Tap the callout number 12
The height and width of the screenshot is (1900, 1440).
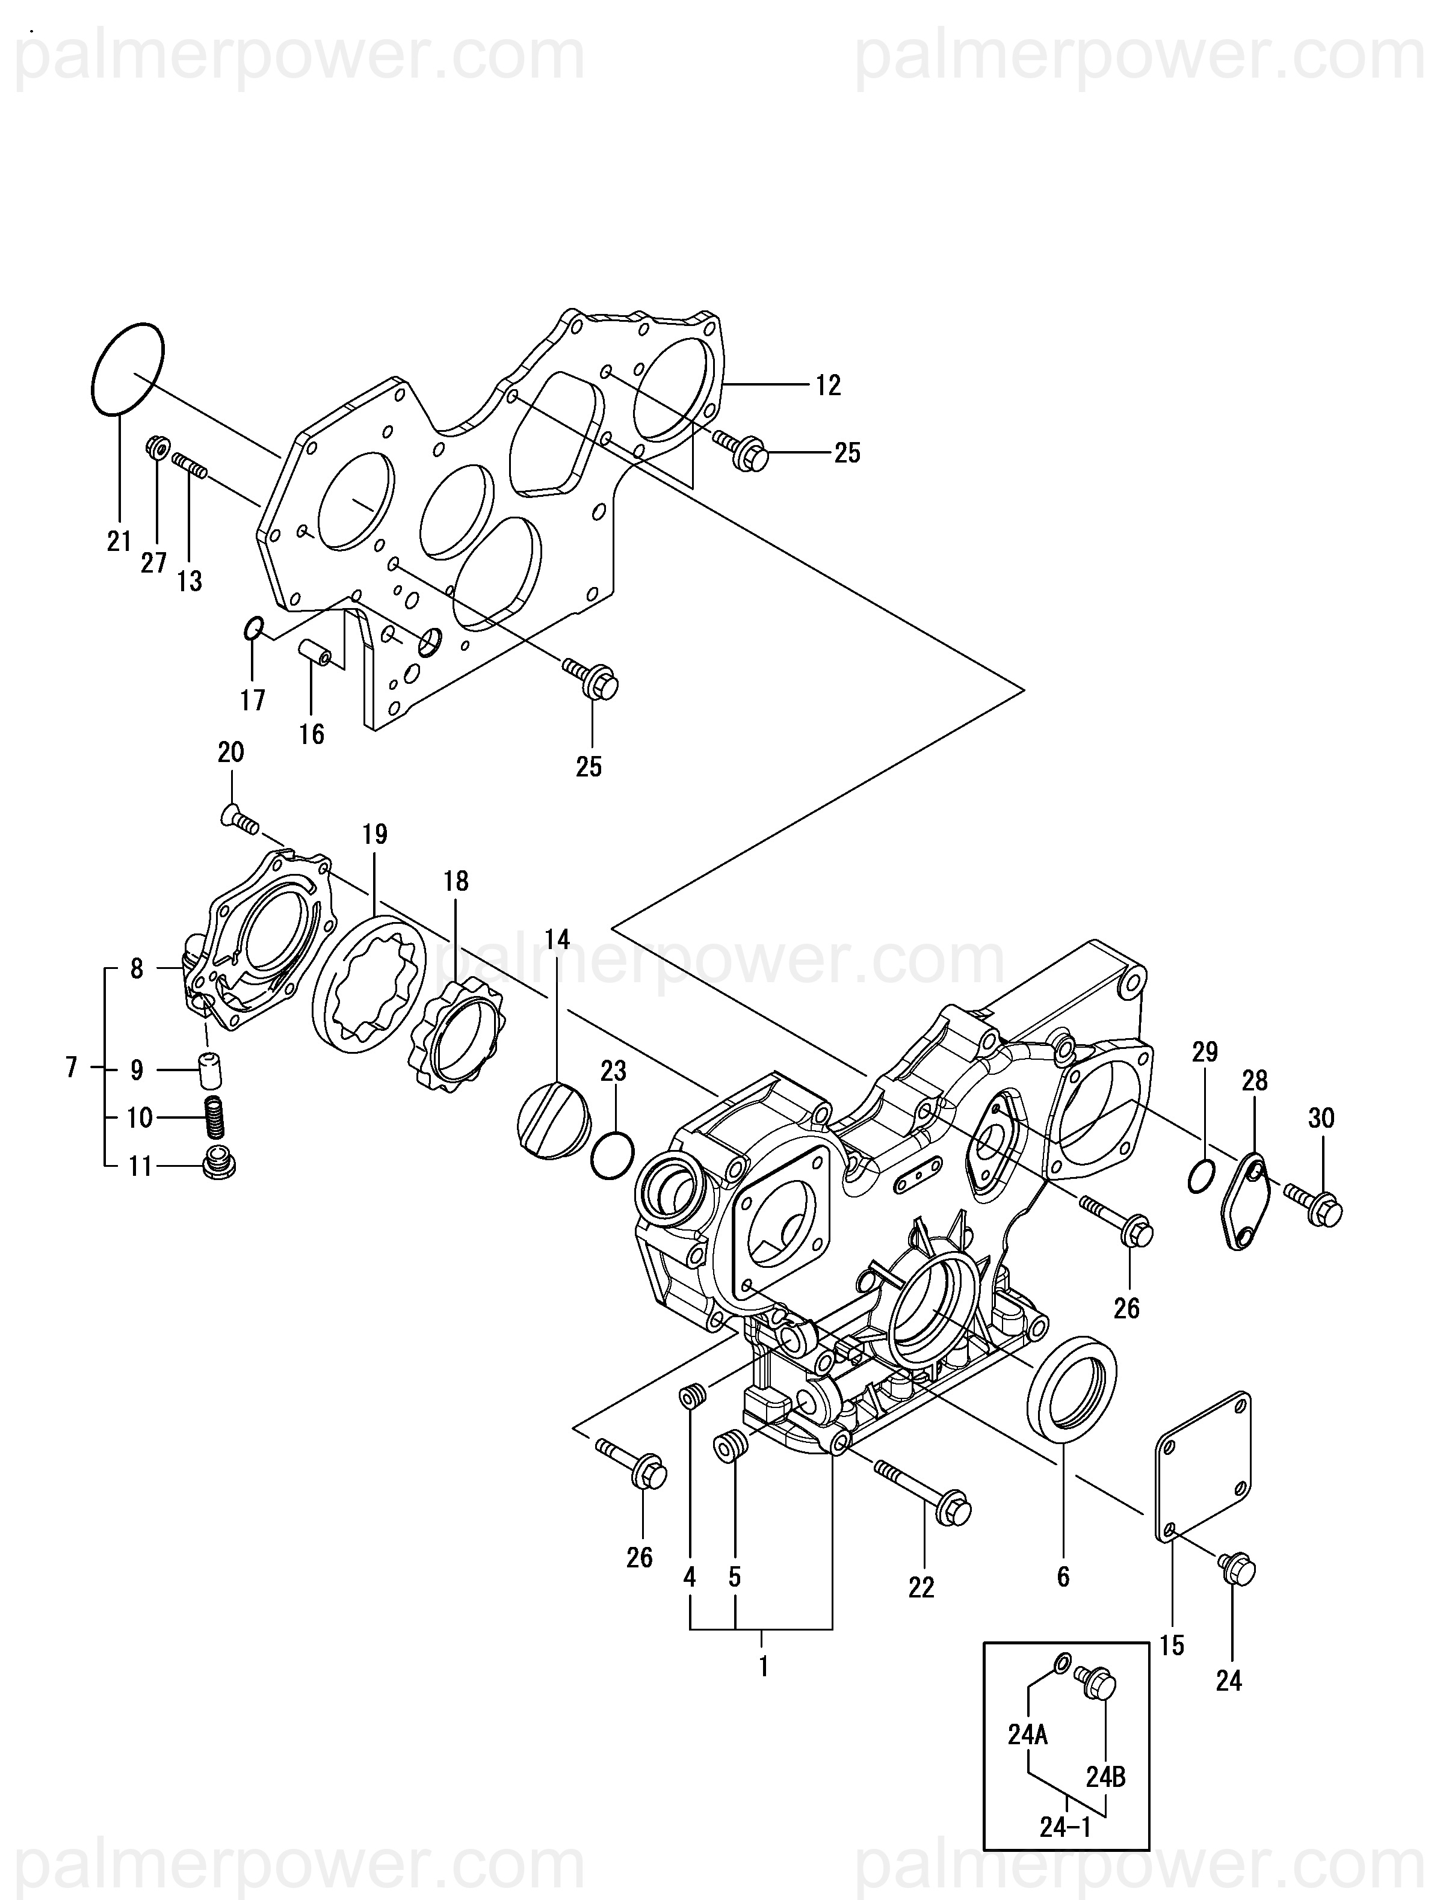point(827,387)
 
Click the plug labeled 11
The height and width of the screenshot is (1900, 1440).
point(218,1163)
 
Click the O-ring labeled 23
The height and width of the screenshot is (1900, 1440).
point(613,1156)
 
